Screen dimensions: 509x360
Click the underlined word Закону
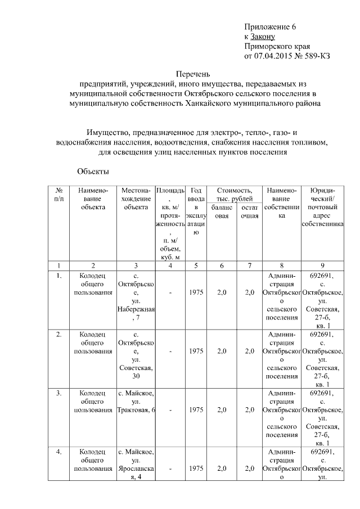pyautogui.click(x=264, y=37)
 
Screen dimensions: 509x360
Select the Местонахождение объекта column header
pyautogui.click(x=135, y=199)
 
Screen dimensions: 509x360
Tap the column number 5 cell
pyautogui.click(x=196, y=265)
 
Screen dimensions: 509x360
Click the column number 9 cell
pyautogui.click(x=322, y=265)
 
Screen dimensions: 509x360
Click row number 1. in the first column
pyautogui.click(x=59, y=276)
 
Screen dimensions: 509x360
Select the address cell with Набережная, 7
pyautogui.click(x=135, y=297)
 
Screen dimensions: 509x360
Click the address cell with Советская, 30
pyautogui.click(x=135, y=355)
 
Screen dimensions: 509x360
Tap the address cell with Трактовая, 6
pyautogui.click(x=135, y=406)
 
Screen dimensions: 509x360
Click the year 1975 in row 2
pyautogui.click(x=196, y=351)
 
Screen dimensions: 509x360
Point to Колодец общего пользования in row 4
pyautogui.click(x=93, y=460)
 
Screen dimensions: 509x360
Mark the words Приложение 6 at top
pyautogui.click(x=270, y=27)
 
